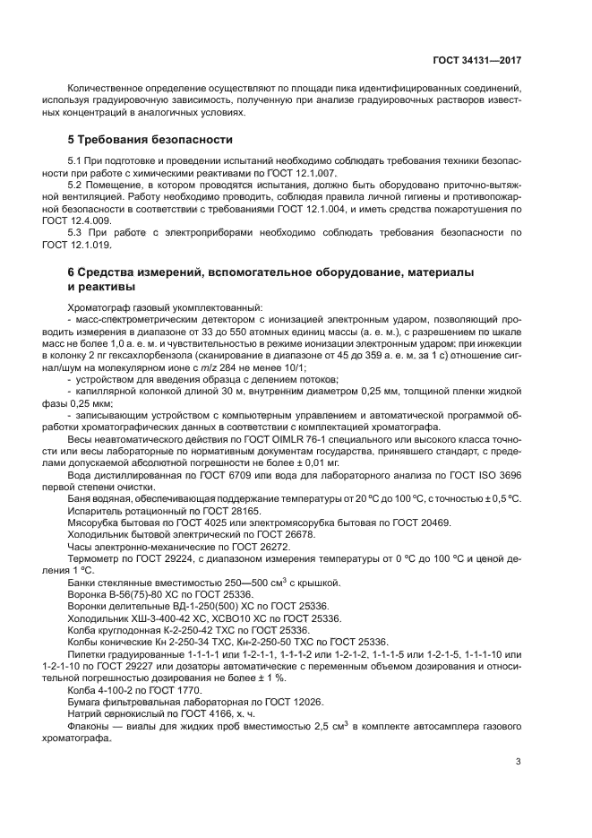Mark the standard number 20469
tap(404, 522)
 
